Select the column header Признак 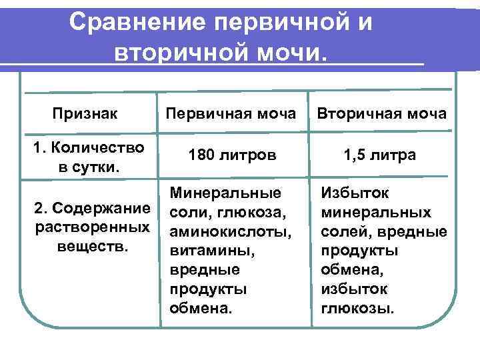click(x=85, y=113)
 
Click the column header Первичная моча click(x=231, y=113)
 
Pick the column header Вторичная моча click(x=382, y=113)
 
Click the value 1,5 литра click(x=379, y=155)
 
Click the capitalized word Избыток click(x=353, y=193)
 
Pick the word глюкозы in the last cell click(x=358, y=309)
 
